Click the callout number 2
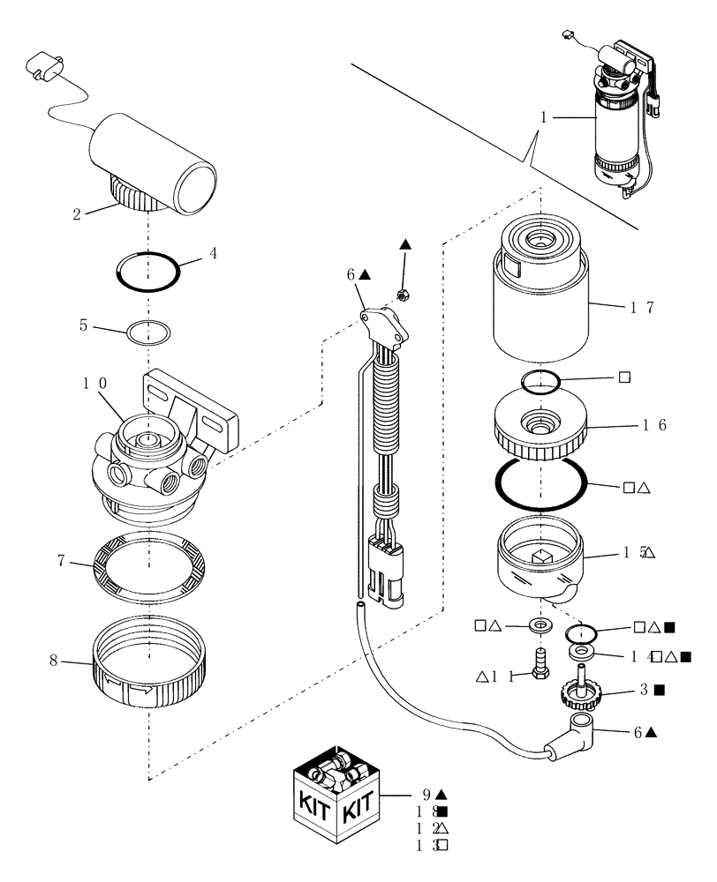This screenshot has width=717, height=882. [77, 214]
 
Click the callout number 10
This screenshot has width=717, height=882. [94, 385]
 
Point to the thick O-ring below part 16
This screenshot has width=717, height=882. [540, 482]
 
